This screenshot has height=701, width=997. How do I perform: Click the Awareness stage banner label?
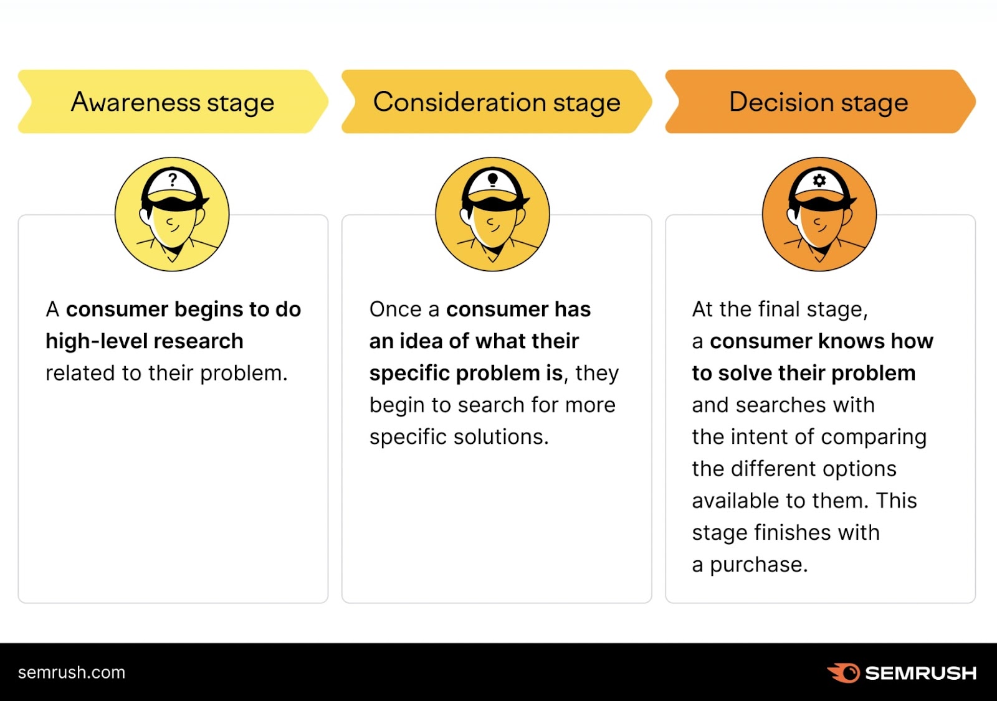[x=173, y=102]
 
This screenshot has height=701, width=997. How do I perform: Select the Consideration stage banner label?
[x=497, y=102]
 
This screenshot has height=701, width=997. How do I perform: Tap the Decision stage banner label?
[x=818, y=102]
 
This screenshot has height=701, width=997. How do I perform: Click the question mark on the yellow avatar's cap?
[x=173, y=180]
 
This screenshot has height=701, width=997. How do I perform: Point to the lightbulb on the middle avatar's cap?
[x=493, y=180]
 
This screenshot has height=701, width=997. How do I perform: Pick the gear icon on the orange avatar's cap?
[x=819, y=181]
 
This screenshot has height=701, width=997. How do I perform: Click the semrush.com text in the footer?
[x=72, y=672]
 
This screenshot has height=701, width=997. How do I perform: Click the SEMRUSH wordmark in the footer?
[x=920, y=673]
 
